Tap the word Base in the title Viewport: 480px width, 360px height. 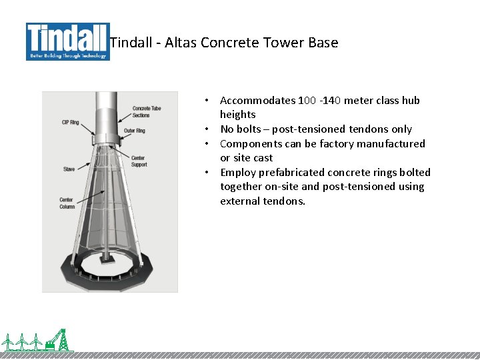click(323, 43)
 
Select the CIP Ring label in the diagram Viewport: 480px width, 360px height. click(70, 122)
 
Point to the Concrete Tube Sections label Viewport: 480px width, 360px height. click(147, 111)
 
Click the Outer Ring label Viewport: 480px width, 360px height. click(134, 131)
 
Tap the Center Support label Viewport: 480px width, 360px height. click(139, 161)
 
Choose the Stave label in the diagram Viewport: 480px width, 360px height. click(69, 169)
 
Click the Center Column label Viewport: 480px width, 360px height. click(67, 203)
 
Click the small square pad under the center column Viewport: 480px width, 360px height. click(107, 259)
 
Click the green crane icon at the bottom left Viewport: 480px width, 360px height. click(59, 340)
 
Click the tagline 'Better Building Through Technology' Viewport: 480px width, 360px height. click(67, 57)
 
